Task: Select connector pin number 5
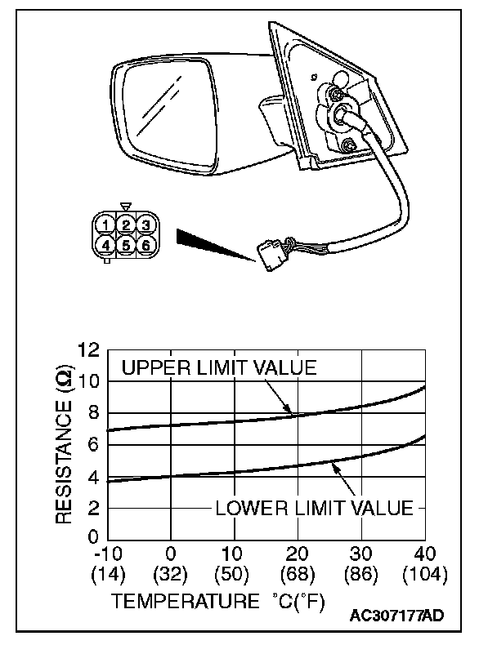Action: pyautogui.click(x=124, y=244)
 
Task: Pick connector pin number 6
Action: pyautogui.click(x=144, y=244)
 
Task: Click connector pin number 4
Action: pyautogui.click(x=105, y=244)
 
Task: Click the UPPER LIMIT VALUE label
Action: pyautogui.click(x=218, y=368)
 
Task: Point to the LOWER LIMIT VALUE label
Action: pyautogui.click(x=314, y=508)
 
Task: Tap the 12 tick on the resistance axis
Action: pyautogui.click(x=88, y=350)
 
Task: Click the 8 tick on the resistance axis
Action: pyautogui.click(x=92, y=413)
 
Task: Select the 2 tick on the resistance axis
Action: pyautogui.click(x=92, y=508)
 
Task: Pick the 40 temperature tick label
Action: pyautogui.click(x=425, y=554)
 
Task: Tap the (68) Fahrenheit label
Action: pyautogui.click(x=298, y=575)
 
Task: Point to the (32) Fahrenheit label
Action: pyautogui.click(x=171, y=575)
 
